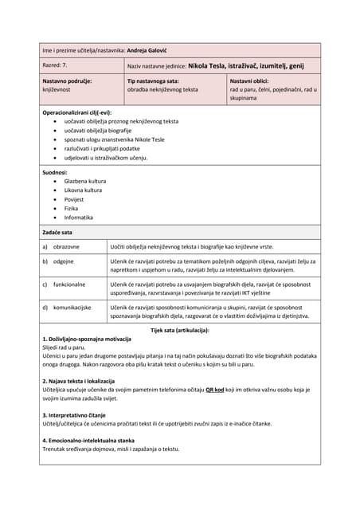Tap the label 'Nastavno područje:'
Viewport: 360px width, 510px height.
68,81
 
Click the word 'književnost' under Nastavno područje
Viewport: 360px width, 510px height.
58,90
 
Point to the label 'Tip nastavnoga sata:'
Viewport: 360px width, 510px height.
153,81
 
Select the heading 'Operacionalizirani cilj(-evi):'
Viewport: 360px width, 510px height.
76,113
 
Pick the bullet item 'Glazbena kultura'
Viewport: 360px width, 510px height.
85,181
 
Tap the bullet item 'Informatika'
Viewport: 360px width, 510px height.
79,217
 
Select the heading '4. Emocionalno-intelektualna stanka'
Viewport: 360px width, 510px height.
88,440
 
